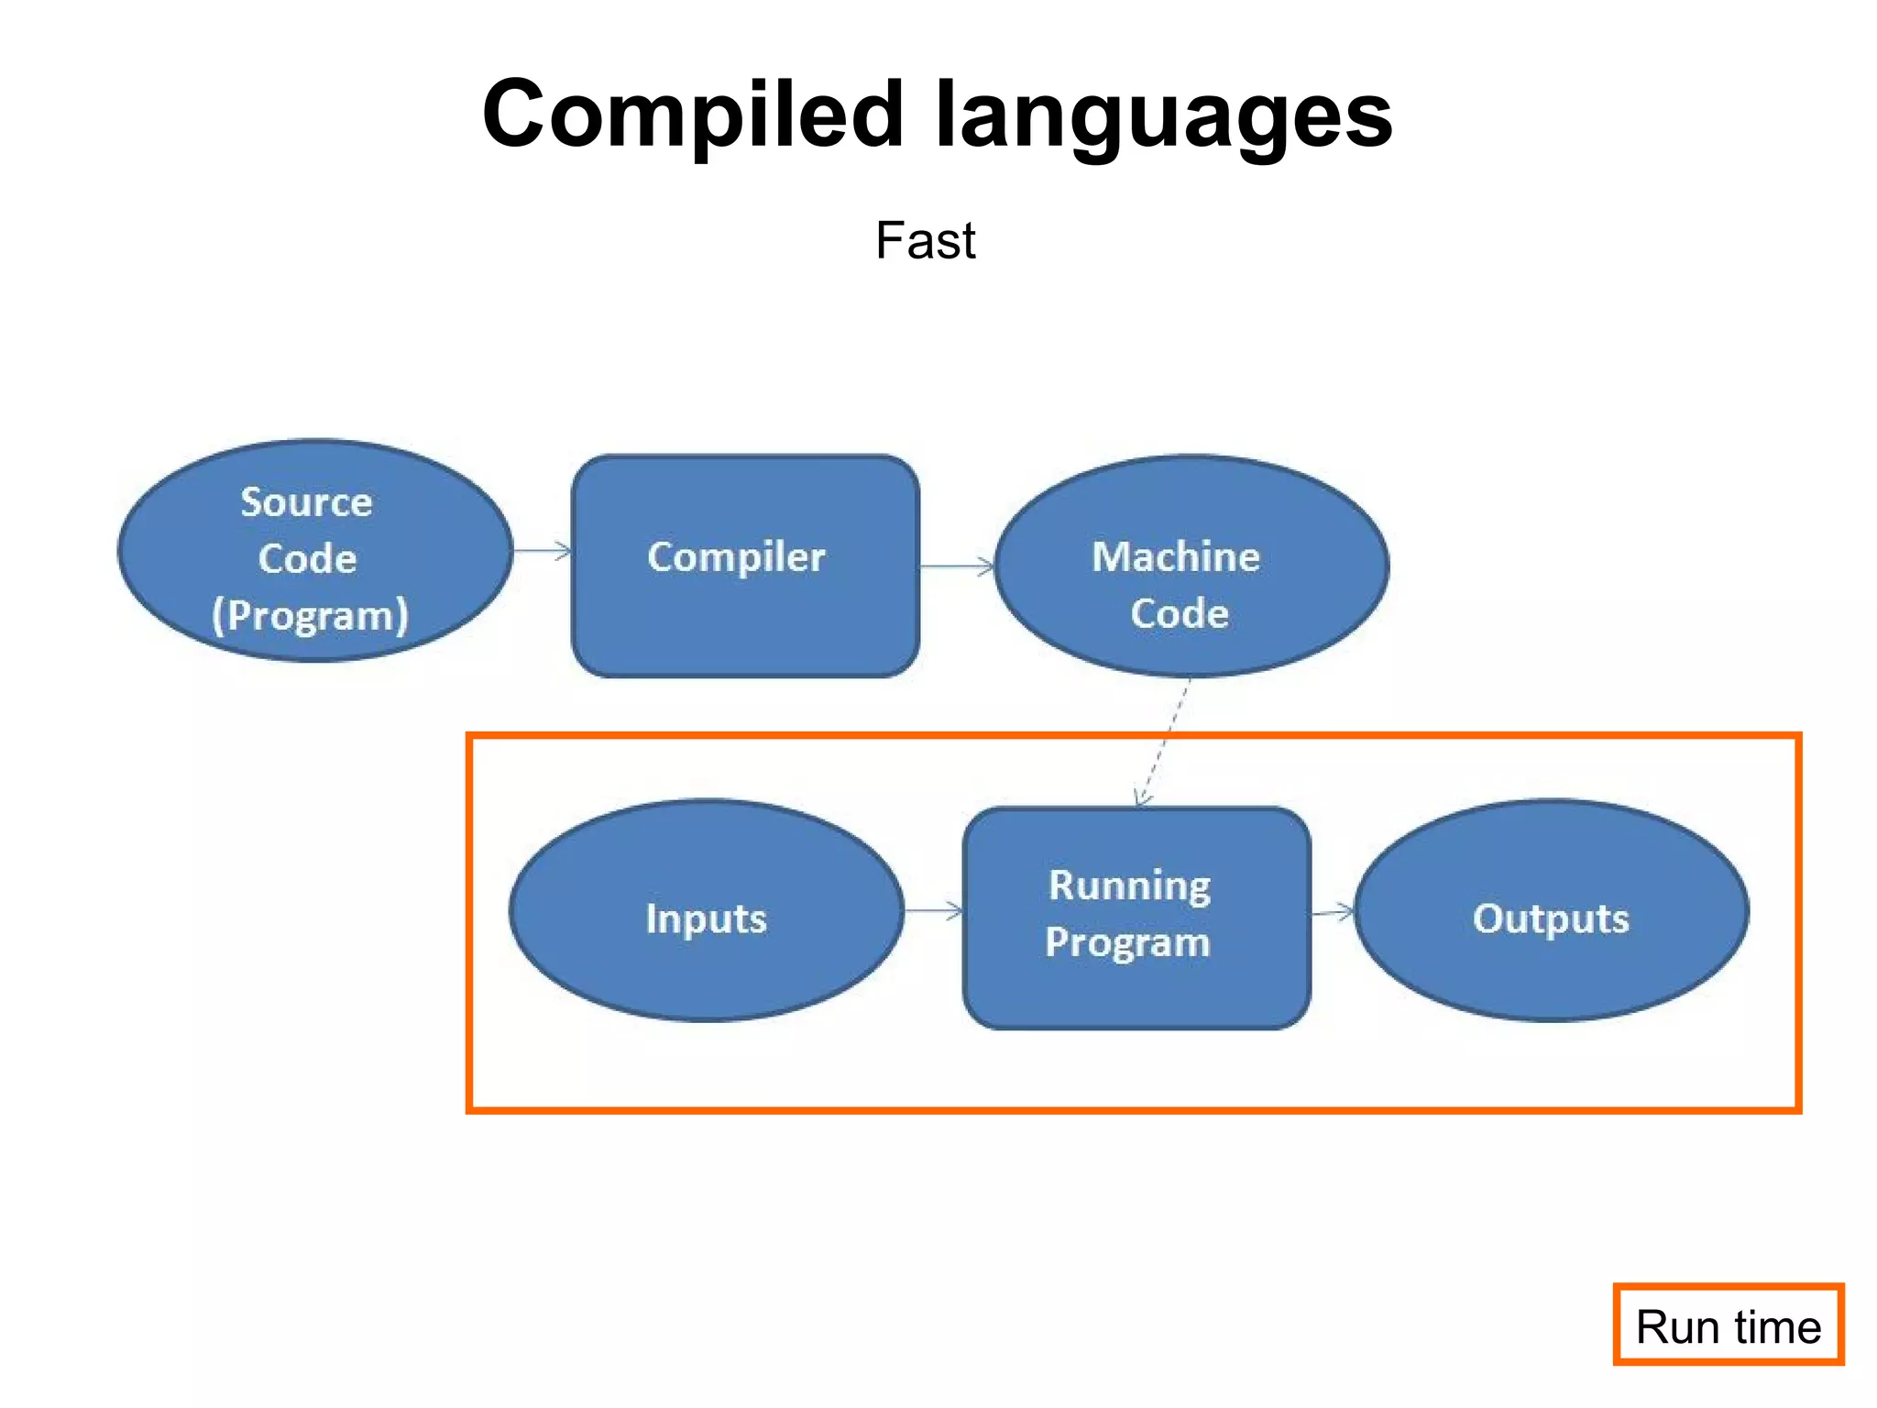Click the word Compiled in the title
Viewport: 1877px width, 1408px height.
click(693, 115)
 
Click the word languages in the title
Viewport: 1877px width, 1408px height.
click(1163, 117)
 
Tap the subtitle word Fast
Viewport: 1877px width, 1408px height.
click(925, 241)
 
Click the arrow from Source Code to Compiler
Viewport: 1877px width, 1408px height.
click(542, 551)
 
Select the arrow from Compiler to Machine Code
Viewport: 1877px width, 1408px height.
click(957, 566)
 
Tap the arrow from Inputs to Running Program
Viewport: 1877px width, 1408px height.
click(933, 910)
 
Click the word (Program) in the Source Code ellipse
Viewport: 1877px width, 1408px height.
click(310, 615)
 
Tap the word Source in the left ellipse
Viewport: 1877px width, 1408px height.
click(306, 502)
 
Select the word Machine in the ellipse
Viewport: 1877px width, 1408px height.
click(1176, 556)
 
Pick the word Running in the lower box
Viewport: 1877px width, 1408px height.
click(1129, 885)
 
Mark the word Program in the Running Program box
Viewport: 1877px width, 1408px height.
click(1127, 942)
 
